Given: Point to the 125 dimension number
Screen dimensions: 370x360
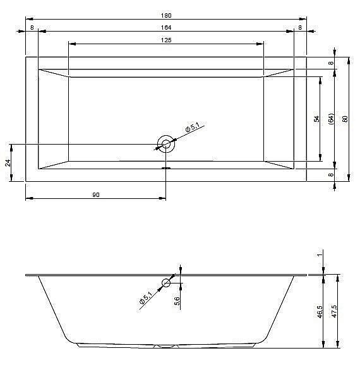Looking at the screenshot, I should [x=166, y=40].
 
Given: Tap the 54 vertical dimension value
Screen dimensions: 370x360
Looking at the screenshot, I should [x=316, y=119].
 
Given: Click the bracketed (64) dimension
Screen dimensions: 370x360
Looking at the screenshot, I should [x=331, y=119].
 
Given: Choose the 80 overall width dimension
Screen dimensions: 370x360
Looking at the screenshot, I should [x=345, y=119].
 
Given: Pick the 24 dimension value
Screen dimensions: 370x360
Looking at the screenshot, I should [x=8, y=162].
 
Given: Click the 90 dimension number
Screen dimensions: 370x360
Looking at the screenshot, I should [x=96, y=195].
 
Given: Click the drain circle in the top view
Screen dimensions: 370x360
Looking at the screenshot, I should [x=167, y=144].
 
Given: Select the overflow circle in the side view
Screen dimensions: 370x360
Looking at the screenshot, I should [x=167, y=283].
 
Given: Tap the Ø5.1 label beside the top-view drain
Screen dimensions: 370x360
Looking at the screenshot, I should [x=192, y=129].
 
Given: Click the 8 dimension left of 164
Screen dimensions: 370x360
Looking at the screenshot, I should [x=32, y=28].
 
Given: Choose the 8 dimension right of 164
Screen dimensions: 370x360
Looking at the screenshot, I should [x=300, y=28].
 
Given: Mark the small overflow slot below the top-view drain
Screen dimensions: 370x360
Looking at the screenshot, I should [x=167, y=169].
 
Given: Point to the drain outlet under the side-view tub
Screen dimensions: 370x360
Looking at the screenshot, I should [x=167, y=346].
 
